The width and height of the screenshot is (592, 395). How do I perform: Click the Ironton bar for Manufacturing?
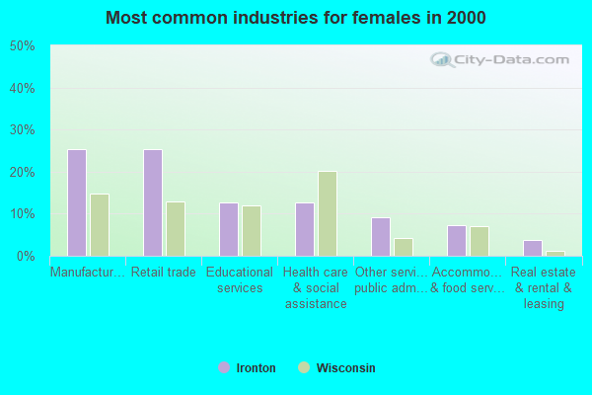point(77,202)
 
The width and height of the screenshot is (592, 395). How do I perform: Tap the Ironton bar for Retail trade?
point(153,202)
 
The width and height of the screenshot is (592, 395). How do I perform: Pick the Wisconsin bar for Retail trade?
point(176,229)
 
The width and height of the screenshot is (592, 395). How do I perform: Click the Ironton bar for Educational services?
point(229,229)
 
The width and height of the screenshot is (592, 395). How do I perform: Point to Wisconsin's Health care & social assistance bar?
point(328,213)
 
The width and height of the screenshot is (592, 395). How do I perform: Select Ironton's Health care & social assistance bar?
point(305,229)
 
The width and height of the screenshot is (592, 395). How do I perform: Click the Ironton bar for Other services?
point(381,237)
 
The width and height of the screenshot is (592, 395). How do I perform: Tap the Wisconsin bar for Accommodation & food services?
point(480,241)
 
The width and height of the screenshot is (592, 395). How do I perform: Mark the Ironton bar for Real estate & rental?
point(533,248)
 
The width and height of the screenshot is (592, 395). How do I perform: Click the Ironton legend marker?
point(224,367)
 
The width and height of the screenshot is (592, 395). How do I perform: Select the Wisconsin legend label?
point(345,368)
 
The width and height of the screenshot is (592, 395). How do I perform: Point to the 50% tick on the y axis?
point(23,46)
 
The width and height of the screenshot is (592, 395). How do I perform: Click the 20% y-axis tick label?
point(23,172)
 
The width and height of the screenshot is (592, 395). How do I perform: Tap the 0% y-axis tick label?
point(27,256)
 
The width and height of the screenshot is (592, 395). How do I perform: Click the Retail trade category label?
point(164,273)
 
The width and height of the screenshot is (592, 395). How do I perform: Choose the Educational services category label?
point(240,279)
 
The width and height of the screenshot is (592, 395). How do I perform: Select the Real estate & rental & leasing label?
point(544,287)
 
